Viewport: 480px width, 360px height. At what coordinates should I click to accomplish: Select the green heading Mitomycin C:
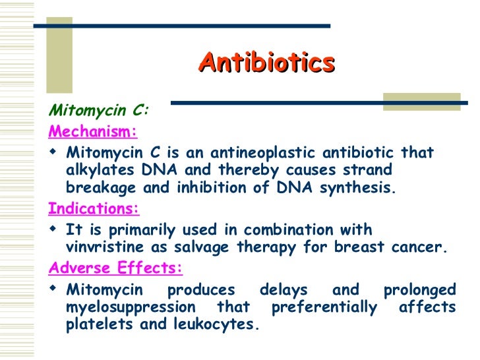[x=99, y=110]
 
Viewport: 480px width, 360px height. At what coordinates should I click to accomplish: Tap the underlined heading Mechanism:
[x=93, y=132]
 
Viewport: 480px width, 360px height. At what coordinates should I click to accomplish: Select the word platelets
[x=97, y=324]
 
